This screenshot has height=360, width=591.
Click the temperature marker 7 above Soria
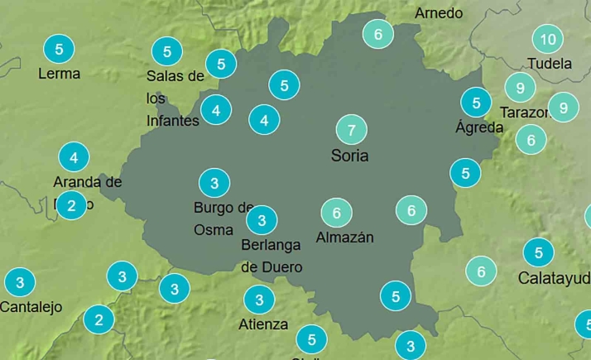pos(352,130)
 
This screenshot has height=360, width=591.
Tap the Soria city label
pos(349,156)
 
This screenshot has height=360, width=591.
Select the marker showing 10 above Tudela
pos(547,39)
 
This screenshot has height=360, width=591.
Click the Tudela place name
pos(550,63)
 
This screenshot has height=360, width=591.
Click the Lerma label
pos(60,74)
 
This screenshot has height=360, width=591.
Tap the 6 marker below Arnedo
pos(378,35)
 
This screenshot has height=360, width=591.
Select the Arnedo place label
pos(439,13)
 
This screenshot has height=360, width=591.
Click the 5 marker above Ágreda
pos(476,103)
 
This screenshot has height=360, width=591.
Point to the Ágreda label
pos(479,127)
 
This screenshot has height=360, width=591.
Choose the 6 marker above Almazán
pos(336,214)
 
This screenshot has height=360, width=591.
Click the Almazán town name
pos(345,238)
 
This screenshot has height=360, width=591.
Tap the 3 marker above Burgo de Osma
pos(214,183)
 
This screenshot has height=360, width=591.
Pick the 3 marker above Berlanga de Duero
pos(262,220)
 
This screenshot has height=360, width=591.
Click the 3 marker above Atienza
pos(259,300)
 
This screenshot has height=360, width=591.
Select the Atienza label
pos(262,324)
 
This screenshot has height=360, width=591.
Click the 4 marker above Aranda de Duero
pos(74,156)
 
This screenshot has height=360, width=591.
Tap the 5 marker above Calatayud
pos(539,252)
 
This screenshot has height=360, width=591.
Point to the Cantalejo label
pos(31,307)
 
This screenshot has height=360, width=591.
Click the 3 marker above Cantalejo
pos(20,282)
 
